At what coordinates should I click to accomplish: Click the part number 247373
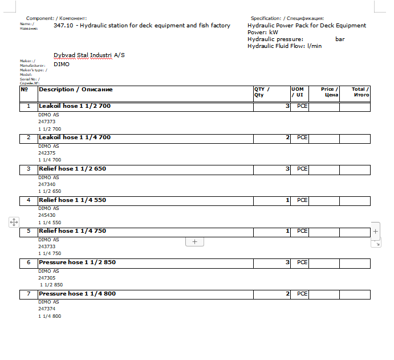click(x=47, y=122)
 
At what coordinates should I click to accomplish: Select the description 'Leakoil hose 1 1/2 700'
click(x=75, y=107)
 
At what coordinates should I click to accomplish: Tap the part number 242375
click(x=47, y=153)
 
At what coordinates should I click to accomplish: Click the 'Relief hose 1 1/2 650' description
click(x=72, y=169)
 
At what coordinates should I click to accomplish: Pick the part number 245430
click(x=47, y=216)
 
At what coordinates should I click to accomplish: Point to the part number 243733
click(x=47, y=246)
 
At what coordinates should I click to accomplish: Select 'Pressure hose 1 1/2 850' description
click(x=77, y=262)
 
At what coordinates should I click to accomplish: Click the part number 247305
click(x=47, y=278)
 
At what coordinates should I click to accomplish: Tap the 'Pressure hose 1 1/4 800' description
click(x=77, y=294)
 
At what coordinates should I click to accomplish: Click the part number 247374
click(x=47, y=309)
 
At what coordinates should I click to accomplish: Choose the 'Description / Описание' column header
click(x=75, y=90)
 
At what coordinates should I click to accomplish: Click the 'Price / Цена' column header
click(x=329, y=92)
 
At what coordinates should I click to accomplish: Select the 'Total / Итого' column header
click(x=360, y=92)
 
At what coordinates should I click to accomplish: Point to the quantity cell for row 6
click(x=271, y=262)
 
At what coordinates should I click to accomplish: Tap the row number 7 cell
click(x=29, y=294)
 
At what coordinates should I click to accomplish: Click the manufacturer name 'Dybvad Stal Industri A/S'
click(x=89, y=55)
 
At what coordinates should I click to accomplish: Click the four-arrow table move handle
click(x=14, y=223)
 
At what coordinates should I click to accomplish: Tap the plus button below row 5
click(x=194, y=242)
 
